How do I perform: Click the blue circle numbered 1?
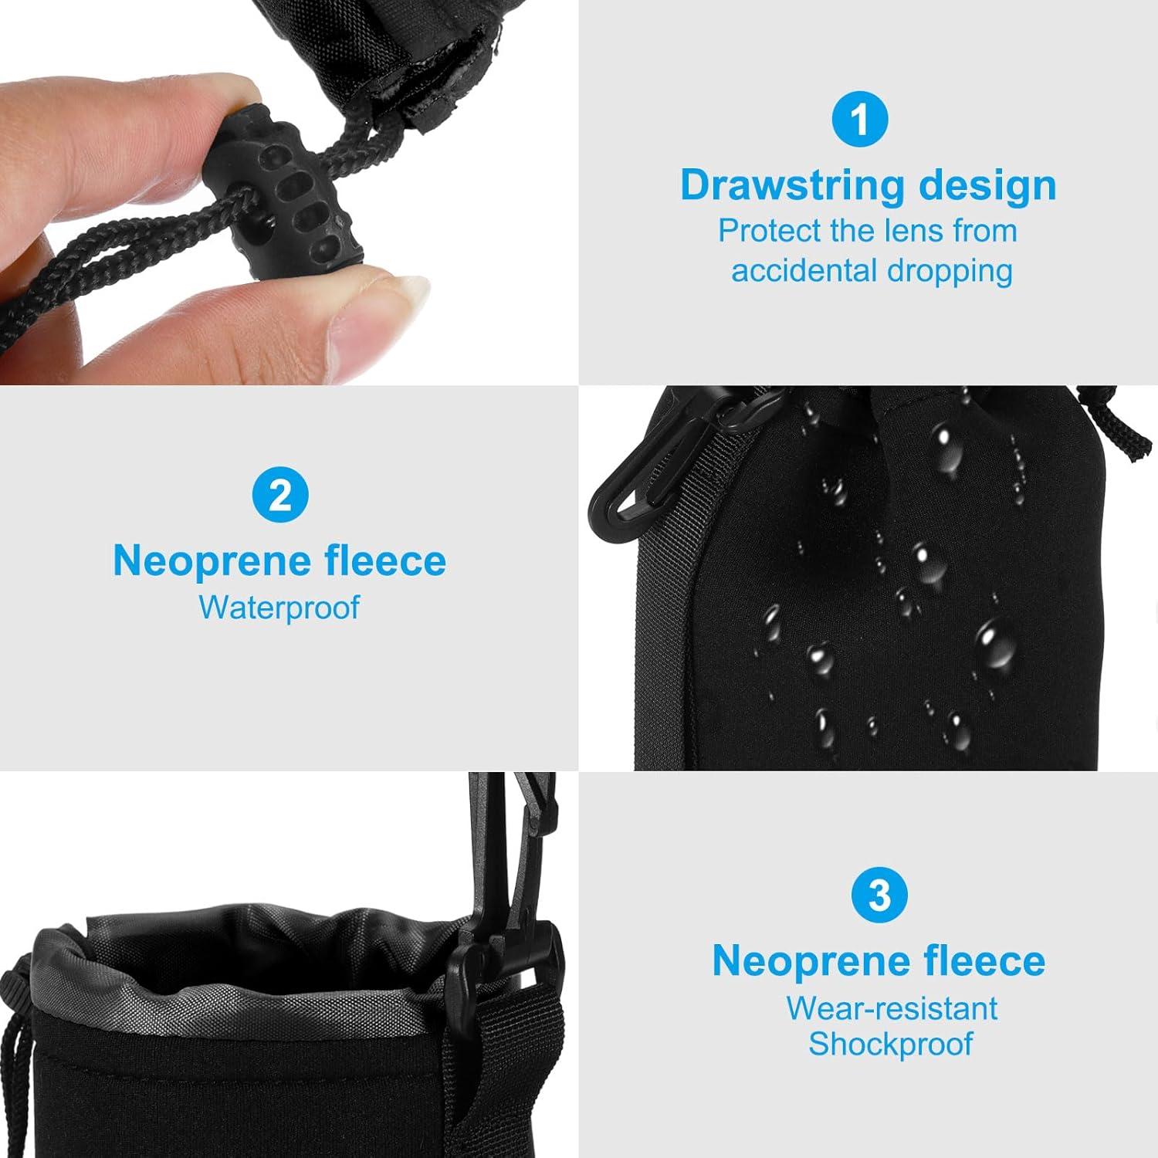(860, 119)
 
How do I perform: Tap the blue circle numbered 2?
(280, 495)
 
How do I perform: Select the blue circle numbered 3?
(879, 895)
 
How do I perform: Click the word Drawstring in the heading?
(792, 185)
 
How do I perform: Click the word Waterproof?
(279, 608)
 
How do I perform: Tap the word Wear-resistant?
(892, 1008)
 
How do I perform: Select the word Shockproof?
(890, 1044)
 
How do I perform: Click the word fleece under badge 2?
(385, 561)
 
